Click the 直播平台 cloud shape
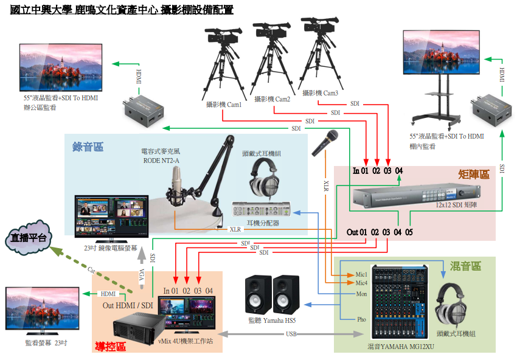pos(28,238)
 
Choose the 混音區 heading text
pos(465,266)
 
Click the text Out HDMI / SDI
pos(128,305)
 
